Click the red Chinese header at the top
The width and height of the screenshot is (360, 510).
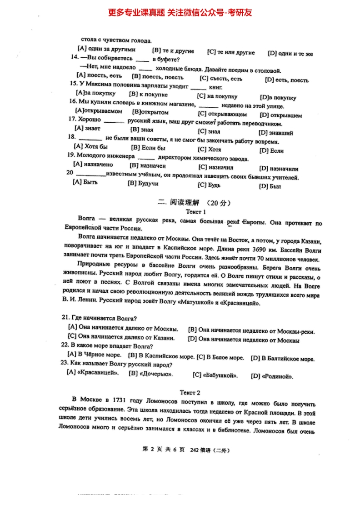click(x=180, y=13)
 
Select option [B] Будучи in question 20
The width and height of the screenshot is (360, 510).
click(x=143, y=184)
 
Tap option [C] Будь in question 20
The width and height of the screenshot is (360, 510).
click(x=210, y=185)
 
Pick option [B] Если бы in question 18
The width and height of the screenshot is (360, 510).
click(x=148, y=148)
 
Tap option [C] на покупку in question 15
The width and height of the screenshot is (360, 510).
click(x=217, y=96)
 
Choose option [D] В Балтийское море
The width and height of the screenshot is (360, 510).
click(x=282, y=358)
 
